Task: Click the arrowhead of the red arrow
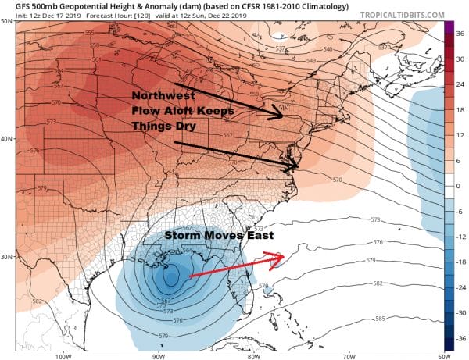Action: pos(282,255)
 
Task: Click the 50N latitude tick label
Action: pos(7,22)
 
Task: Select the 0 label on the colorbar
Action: pos(461,186)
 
